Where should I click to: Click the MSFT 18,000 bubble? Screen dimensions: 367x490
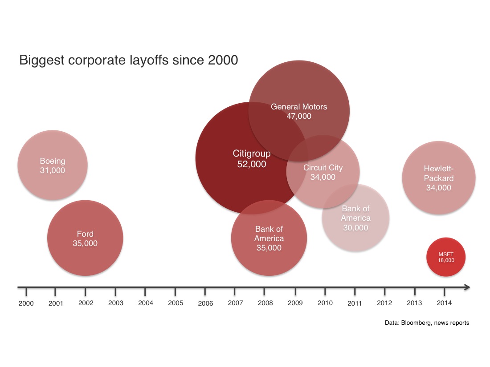point(445,257)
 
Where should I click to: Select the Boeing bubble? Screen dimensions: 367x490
point(53,165)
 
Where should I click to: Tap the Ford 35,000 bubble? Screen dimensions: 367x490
point(85,238)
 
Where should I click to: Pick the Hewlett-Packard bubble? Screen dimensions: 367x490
point(439,178)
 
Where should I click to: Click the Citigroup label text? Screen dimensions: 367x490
point(252,154)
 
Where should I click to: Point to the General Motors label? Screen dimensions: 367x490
point(299,107)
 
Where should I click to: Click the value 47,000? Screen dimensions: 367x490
point(299,117)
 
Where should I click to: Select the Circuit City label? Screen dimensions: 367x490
point(323,168)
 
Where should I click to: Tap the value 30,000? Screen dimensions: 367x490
point(355,228)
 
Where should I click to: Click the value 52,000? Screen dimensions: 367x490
point(252,165)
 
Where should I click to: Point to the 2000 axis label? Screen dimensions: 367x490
point(26,303)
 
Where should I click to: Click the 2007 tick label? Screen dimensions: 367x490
point(235,303)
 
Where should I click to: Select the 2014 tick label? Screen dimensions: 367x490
point(444,303)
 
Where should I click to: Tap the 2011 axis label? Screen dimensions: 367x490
point(355,303)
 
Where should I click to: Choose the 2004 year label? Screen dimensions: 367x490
point(146,303)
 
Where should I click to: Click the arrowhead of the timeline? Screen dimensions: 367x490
point(467,287)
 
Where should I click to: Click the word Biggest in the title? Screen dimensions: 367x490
point(42,60)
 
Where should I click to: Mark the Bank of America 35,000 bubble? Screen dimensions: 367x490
point(269,238)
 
